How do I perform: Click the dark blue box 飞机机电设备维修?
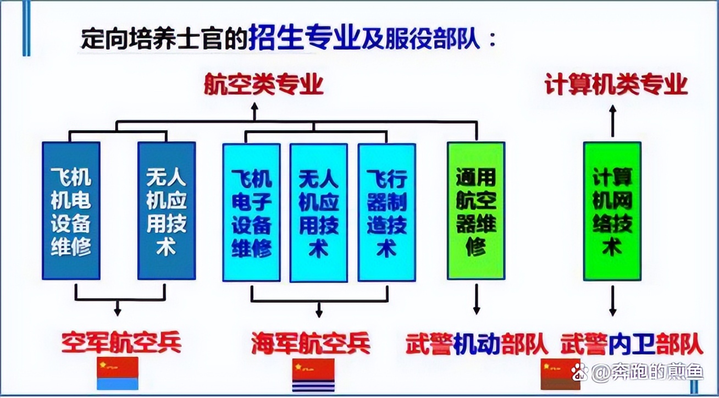[x=71, y=211]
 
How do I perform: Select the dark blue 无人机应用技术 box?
[x=167, y=211]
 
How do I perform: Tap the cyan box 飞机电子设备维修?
[x=251, y=212]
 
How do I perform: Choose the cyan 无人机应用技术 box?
[x=319, y=213]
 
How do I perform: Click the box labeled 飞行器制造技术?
[x=386, y=212]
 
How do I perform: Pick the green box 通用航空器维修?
[x=476, y=211]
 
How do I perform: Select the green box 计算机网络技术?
[x=612, y=211]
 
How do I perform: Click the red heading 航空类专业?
[x=263, y=86]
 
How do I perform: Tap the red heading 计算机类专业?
[x=616, y=86]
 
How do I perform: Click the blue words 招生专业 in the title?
[x=303, y=40]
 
